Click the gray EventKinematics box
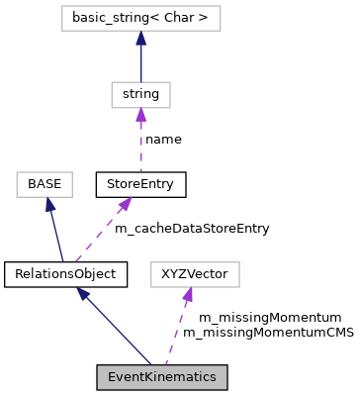tap(161, 377)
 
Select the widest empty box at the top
tap(140, 18)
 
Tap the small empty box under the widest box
tap(140, 95)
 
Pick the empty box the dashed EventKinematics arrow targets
tap(195, 274)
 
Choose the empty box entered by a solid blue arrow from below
tap(45, 184)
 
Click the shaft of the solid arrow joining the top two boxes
tap(140, 64)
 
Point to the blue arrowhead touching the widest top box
tap(140, 39)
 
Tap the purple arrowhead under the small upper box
tap(140, 115)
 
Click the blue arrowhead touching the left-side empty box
tap(49, 205)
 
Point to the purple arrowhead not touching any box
tap(125, 204)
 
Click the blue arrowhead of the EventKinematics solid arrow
tap(83, 293)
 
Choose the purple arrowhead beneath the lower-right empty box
tap(187, 295)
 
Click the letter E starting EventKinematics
tap(112, 377)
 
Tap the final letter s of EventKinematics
tap(212, 377)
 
